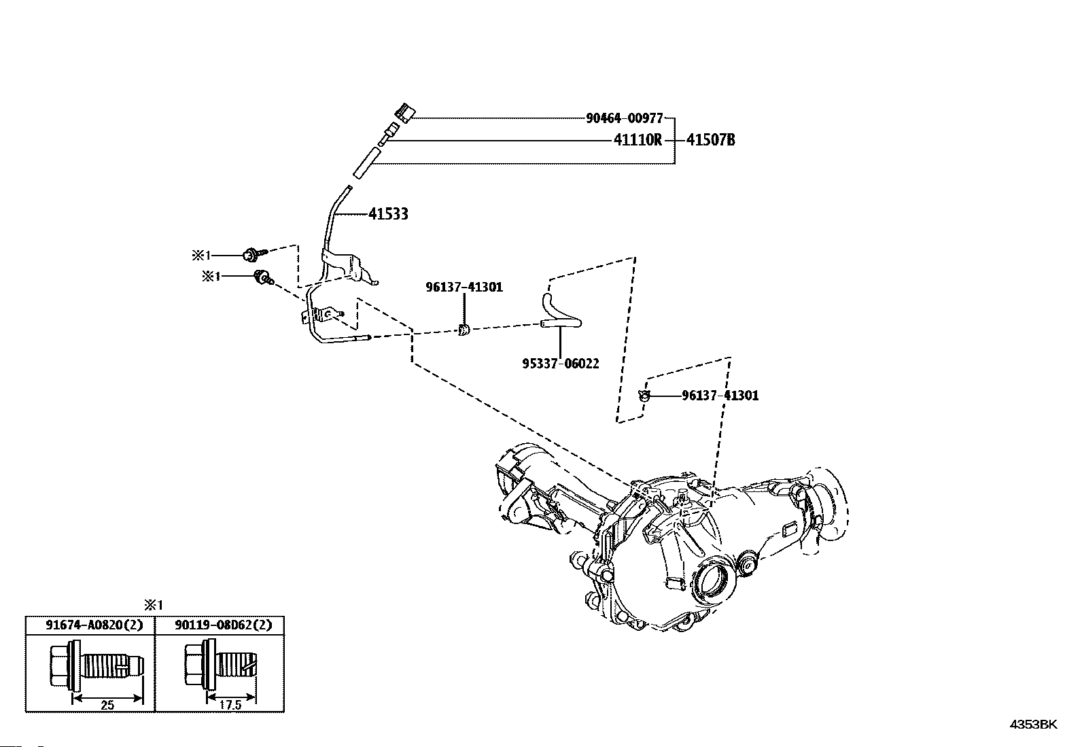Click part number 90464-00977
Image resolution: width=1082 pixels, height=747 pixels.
click(x=624, y=118)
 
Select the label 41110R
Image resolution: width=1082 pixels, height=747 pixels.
click(x=638, y=141)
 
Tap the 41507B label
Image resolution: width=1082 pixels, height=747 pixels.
click(x=710, y=141)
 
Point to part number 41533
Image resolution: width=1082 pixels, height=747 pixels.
click(x=388, y=214)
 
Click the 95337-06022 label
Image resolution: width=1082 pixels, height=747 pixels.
click(x=561, y=364)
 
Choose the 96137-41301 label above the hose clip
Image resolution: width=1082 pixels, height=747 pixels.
click(x=464, y=288)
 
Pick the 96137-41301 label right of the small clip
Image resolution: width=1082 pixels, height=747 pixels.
click(x=720, y=396)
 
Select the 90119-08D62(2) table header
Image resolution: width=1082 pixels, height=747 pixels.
click(x=219, y=625)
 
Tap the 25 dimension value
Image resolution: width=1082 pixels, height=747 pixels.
click(x=107, y=706)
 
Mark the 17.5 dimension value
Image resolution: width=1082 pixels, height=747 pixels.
click(x=230, y=706)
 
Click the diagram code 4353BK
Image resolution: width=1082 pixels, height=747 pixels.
click(x=1033, y=725)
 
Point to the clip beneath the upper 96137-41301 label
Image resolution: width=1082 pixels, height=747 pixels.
click(x=464, y=330)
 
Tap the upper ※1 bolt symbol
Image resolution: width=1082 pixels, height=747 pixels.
click(x=251, y=255)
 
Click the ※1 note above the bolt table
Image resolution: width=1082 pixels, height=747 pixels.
click(x=154, y=605)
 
